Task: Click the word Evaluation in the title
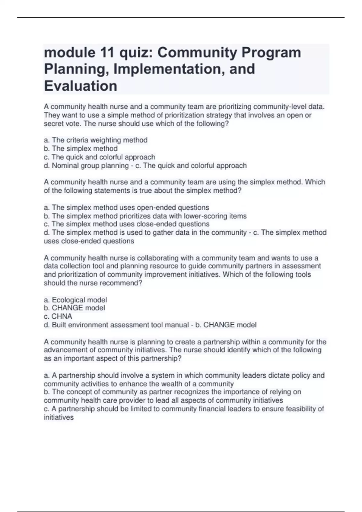[x=81, y=86]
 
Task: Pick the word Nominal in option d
[x=64, y=166]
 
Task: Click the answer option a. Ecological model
[x=75, y=300]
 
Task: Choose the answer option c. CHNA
[x=58, y=317]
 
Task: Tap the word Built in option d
[x=59, y=325]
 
